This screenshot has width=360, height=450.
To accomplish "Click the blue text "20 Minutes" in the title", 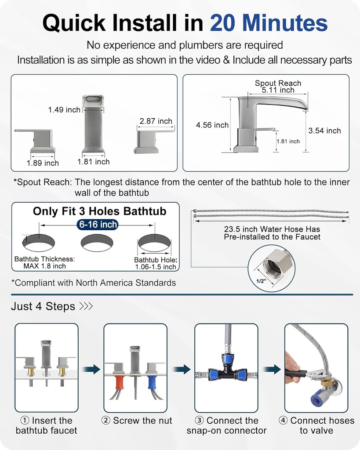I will click(269, 23).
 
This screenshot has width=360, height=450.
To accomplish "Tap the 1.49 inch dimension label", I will click(64, 110).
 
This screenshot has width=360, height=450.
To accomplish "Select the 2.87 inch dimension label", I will click(156, 121).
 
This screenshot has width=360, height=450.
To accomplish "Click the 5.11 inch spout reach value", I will click(278, 90).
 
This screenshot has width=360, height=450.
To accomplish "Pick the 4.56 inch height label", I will click(212, 125).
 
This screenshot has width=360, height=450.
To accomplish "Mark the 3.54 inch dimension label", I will click(324, 131).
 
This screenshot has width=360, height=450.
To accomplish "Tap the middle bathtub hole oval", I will click(97, 243).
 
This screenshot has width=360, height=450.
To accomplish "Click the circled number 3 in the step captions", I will click(199, 421).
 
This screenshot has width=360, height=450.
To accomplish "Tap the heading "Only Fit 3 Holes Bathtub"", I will click(99, 211).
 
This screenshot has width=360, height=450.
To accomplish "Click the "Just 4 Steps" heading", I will click(43, 306).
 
